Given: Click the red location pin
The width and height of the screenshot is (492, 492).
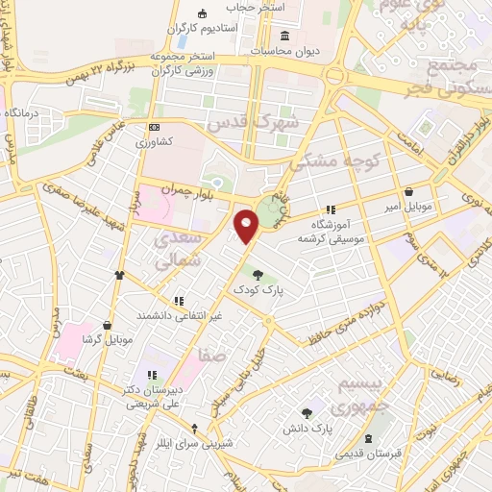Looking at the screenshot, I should [x=248, y=226].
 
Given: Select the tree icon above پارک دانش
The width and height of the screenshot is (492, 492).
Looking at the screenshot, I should [x=307, y=412].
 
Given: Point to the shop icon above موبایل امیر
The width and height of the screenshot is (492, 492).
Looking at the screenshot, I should [x=410, y=191].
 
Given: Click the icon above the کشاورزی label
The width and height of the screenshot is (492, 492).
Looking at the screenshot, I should [x=153, y=127].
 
